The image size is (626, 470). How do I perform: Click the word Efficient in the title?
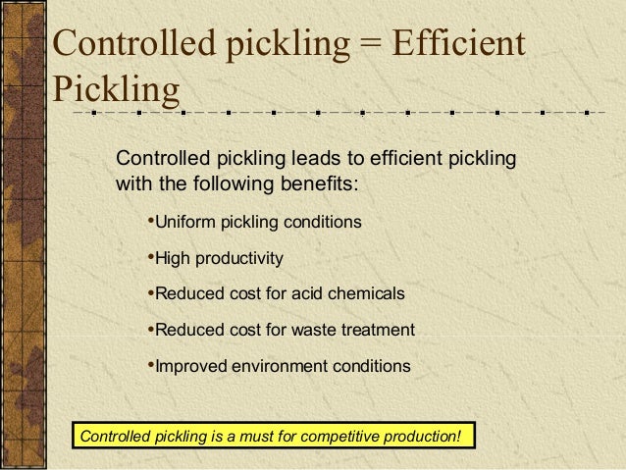click(457, 46)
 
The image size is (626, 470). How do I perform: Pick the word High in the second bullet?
click(173, 259)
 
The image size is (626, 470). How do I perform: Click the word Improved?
click(190, 367)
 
